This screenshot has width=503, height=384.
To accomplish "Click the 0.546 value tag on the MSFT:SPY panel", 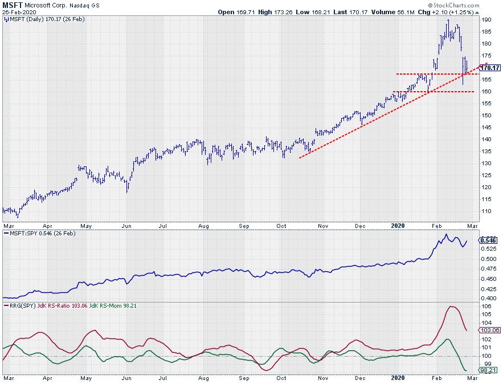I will tap(489, 240).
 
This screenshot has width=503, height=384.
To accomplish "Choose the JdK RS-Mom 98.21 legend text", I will tap(118, 305).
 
